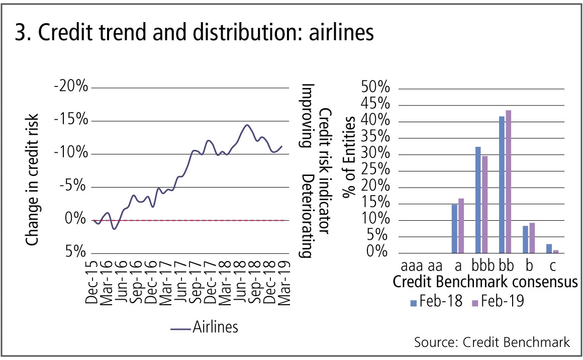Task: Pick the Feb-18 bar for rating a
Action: pyautogui.click(x=454, y=228)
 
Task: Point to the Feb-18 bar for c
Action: pyautogui.click(x=549, y=248)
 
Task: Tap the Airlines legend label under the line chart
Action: pyautogui.click(x=215, y=327)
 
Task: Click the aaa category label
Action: pyautogui.click(x=413, y=264)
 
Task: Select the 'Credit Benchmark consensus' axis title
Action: pyautogui.click(x=485, y=282)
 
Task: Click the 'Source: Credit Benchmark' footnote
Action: pyautogui.click(x=492, y=342)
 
